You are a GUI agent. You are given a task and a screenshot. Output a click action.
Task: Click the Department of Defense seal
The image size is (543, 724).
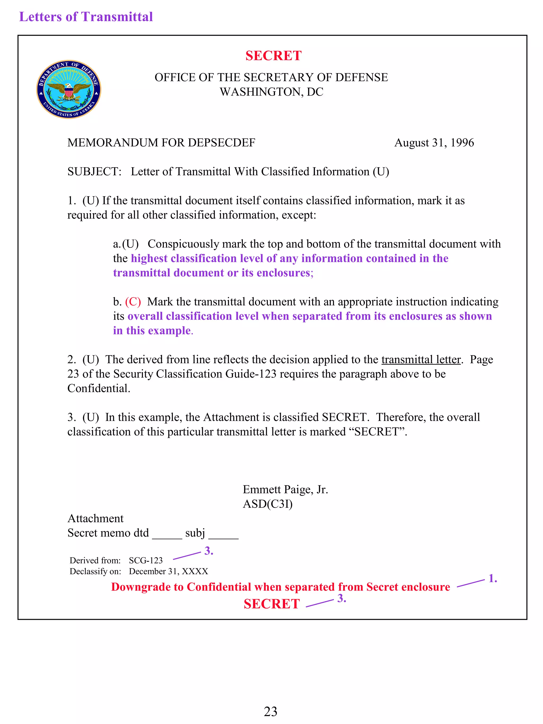point(68,89)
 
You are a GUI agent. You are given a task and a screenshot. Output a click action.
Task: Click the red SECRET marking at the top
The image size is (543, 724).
point(273,56)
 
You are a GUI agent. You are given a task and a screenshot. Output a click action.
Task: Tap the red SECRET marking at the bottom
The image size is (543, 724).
point(272,604)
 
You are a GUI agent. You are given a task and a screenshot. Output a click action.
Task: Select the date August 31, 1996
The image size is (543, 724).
point(434,143)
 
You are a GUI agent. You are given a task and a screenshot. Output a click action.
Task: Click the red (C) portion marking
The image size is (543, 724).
point(133,301)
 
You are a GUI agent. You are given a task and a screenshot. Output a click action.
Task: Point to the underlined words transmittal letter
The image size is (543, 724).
point(421,359)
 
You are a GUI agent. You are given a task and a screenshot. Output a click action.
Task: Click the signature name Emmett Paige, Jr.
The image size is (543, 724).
point(285,489)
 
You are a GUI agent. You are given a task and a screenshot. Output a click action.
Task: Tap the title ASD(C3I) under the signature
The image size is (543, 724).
point(268,504)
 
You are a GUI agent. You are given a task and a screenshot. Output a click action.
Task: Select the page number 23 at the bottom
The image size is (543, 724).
point(270,712)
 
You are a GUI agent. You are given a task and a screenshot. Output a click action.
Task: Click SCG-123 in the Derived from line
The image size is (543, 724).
point(146,560)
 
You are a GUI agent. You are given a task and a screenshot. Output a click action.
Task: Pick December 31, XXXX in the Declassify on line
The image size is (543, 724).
point(168,571)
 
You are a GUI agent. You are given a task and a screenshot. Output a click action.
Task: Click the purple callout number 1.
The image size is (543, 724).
point(493,578)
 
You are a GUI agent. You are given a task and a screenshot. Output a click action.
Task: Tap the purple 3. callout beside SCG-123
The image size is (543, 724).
point(209,551)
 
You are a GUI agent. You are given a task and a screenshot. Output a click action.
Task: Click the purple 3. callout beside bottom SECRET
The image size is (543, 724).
point(342,598)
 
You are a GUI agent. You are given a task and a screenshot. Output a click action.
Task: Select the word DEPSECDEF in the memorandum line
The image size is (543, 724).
point(221,143)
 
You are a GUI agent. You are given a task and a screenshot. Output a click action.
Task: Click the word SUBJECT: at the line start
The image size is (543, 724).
point(94,172)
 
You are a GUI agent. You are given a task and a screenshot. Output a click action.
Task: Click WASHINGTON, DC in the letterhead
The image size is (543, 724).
point(271,92)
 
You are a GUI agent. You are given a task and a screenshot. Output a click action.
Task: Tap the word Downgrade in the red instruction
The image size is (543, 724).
point(147,587)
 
